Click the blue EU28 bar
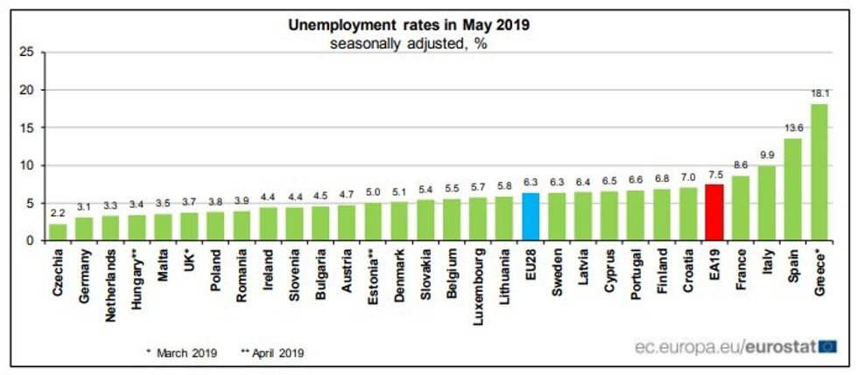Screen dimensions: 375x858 click(531, 217)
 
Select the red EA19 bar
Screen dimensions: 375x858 click(714, 212)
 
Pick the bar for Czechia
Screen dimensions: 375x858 click(58, 233)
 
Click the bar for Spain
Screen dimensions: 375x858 click(793, 189)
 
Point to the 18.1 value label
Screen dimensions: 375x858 click(819, 93)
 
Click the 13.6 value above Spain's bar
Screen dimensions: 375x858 click(793, 127)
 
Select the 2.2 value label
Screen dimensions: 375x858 click(58, 212)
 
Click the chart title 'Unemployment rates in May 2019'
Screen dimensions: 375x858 click(409, 24)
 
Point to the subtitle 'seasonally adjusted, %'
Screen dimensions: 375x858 click(409, 44)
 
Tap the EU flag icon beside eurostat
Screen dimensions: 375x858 click(827, 347)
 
